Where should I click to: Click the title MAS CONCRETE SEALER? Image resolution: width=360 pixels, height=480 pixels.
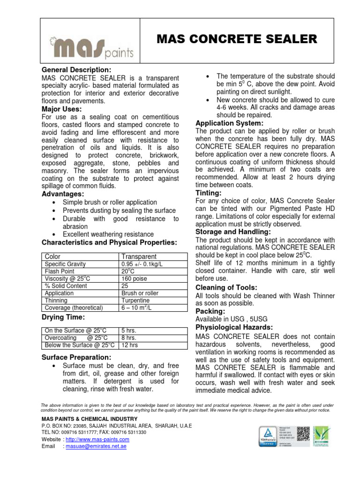point(237,39)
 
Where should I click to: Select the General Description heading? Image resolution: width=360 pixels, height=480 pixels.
point(76,70)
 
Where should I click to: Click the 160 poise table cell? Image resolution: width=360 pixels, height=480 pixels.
point(135,278)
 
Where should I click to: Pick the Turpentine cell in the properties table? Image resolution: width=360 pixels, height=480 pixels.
point(135,300)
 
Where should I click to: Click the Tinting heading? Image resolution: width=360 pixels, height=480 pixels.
point(208,193)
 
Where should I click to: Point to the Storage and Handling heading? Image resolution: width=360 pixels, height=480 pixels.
point(233,232)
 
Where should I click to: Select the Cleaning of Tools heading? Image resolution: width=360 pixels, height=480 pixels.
point(226,287)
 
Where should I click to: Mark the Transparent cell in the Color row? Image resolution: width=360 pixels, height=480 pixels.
point(139,256)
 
